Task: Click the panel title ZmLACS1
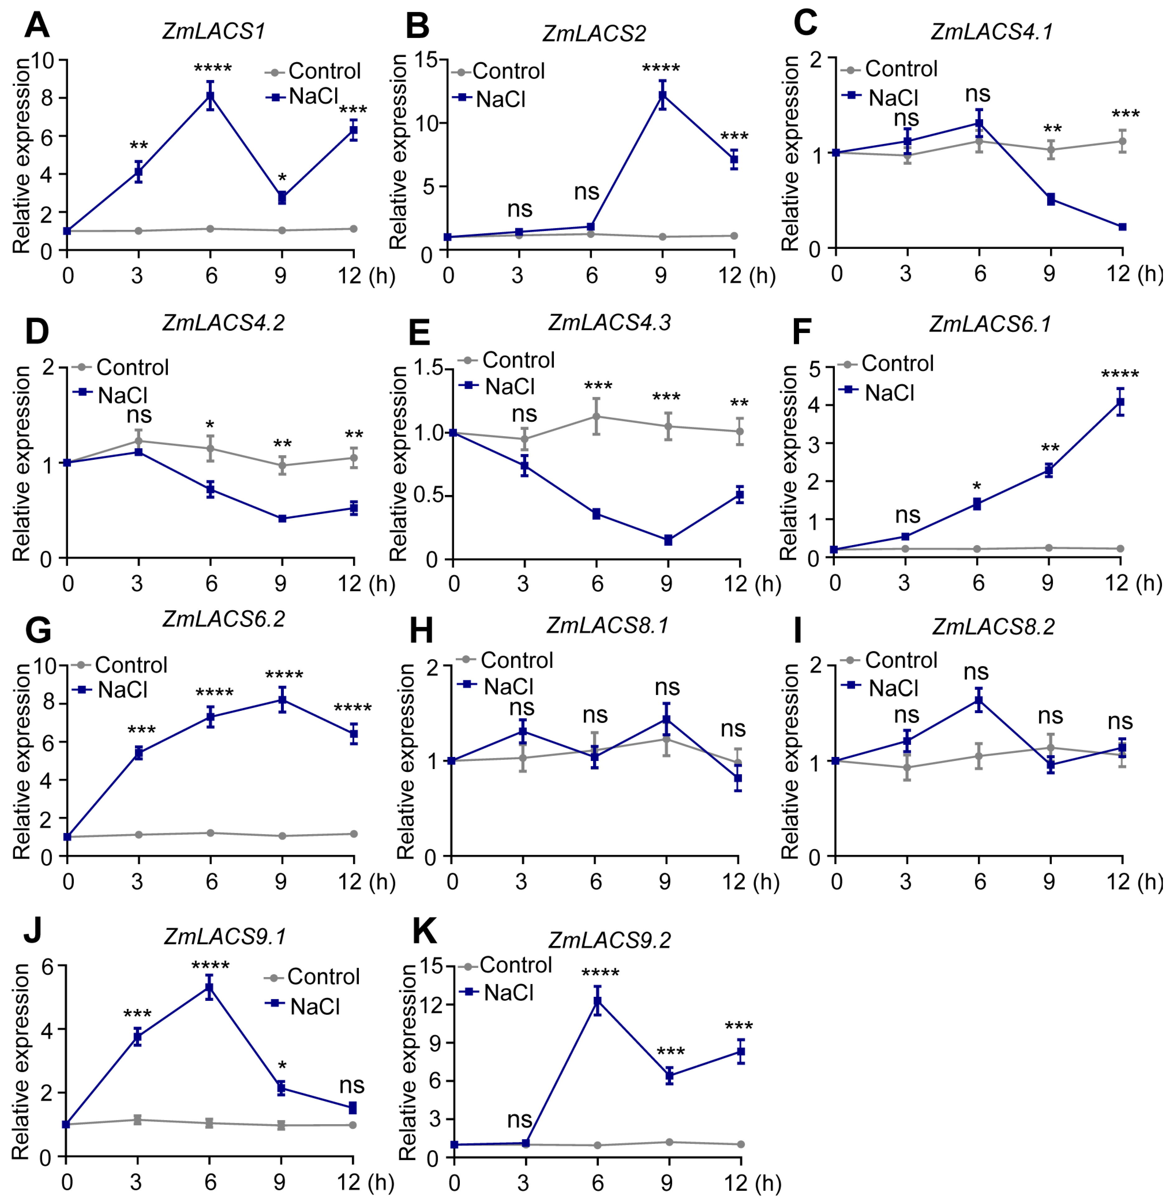click(x=214, y=31)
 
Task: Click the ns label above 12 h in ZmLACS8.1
click(x=733, y=729)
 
